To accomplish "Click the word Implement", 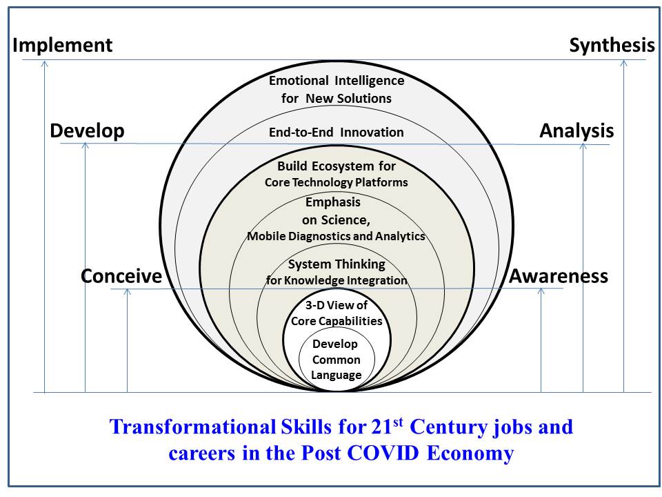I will [x=62, y=46].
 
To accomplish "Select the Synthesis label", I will [x=612, y=46].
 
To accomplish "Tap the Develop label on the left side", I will [x=87, y=130].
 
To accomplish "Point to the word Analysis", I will [x=576, y=130].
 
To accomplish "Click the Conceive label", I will [x=121, y=276].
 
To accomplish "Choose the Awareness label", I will [x=559, y=276].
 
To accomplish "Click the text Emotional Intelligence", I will [x=337, y=81].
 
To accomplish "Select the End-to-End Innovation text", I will [x=337, y=133].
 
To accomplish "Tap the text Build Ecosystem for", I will [x=337, y=166].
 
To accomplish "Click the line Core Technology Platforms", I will [x=337, y=183].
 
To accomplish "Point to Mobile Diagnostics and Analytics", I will [x=337, y=236].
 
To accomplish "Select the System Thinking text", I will [x=337, y=264].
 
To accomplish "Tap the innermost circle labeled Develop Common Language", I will [x=337, y=360].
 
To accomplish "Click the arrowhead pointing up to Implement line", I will [x=44, y=64].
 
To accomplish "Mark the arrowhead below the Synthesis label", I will [x=624, y=64].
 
